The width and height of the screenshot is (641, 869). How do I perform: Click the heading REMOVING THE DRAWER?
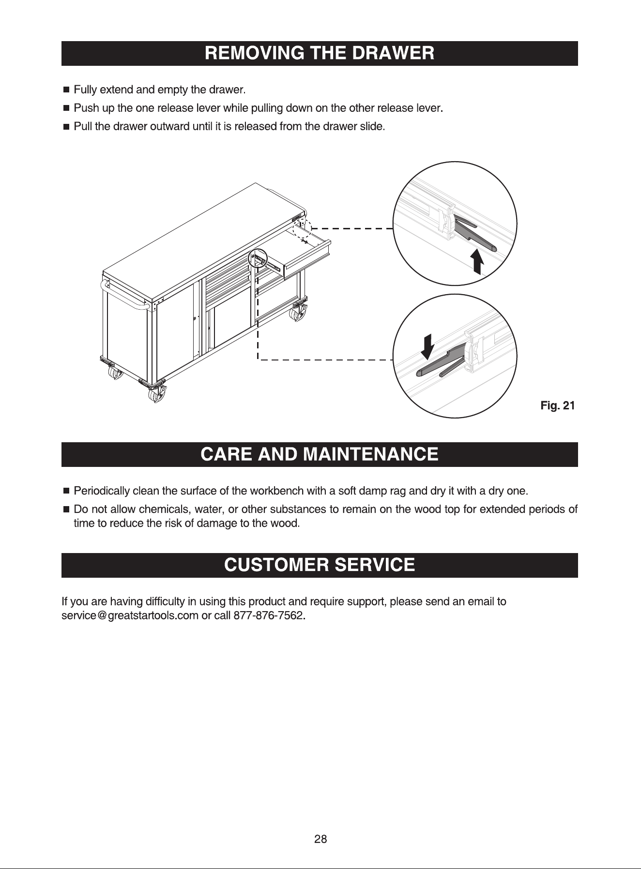pyautogui.click(x=320, y=53)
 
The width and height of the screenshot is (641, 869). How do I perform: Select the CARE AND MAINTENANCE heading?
pyautogui.click(x=320, y=454)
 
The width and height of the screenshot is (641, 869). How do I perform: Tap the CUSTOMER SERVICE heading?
pyautogui.click(x=320, y=565)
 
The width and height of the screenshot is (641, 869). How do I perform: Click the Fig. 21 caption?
pyautogui.click(x=557, y=405)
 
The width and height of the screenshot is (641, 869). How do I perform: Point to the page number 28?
pyautogui.click(x=320, y=839)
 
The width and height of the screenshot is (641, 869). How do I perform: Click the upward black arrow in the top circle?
pyautogui.click(x=477, y=261)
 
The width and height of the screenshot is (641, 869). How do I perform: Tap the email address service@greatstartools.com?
pyautogui.click(x=130, y=616)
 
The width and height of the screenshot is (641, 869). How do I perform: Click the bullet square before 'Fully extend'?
pyautogui.click(x=66, y=90)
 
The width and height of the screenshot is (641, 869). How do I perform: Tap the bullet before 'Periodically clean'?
pyautogui.click(x=66, y=492)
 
